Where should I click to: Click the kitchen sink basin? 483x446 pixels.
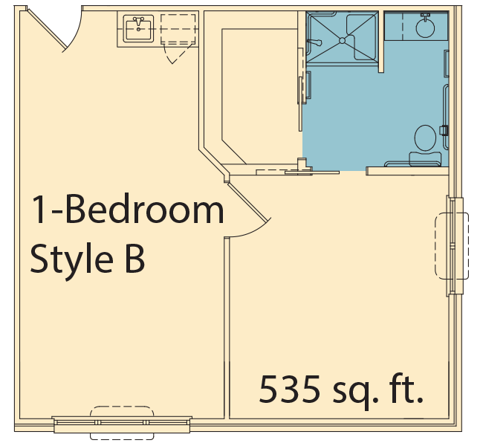click(x=138, y=29)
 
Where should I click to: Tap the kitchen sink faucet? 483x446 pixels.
click(x=138, y=22)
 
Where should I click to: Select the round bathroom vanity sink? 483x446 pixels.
click(x=425, y=28)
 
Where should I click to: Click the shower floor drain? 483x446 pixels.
click(x=343, y=40)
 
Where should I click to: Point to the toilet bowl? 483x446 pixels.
click(x=425, y=138)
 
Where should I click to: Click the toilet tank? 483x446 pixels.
click(x=425, y=159)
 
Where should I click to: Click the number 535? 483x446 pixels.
click(x=289, y=389)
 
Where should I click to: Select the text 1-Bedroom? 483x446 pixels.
click(x=127, y=209)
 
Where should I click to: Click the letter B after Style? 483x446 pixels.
click(x=135, y=259)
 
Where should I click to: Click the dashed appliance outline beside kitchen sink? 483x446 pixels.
click(x=178, y=29)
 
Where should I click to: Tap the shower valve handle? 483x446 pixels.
click(x=314, y=42)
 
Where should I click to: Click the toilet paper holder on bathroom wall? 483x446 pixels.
click(x=444, y=130)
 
